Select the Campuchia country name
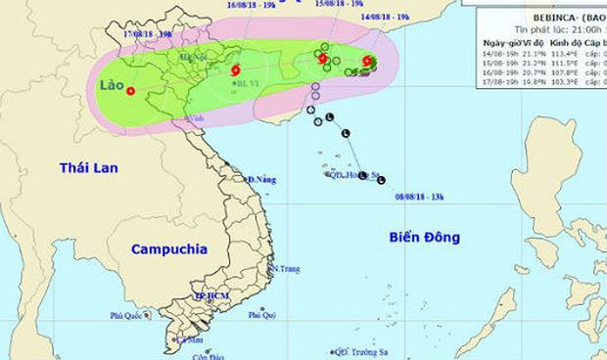point(169,248)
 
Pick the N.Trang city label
point(285,268)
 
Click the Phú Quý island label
point(260,314)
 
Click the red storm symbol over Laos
point(130,92)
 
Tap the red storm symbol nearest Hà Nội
point(234,70)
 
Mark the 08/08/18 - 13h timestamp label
point(422,196)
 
